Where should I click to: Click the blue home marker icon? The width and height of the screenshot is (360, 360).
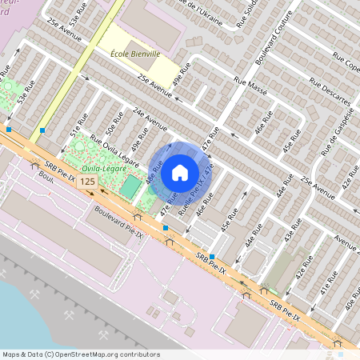pyautogui.click(x=180, y=171)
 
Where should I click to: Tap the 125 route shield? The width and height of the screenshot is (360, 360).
pyautogui.click(x=88, y=183)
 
